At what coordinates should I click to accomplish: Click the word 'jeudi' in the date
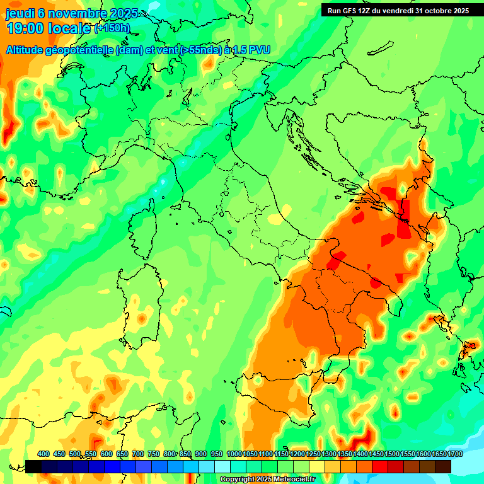(20, 14)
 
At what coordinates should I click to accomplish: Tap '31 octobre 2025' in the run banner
(442, 11)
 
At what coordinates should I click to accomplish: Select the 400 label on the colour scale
(43, 454)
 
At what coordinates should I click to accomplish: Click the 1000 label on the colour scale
(234, 454)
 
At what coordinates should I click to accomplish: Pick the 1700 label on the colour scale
(439, 454)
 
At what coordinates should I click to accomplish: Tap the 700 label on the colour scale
(139, 454)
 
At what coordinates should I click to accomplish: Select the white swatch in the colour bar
(222, 466)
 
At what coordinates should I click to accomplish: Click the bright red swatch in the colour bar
(380, 466)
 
